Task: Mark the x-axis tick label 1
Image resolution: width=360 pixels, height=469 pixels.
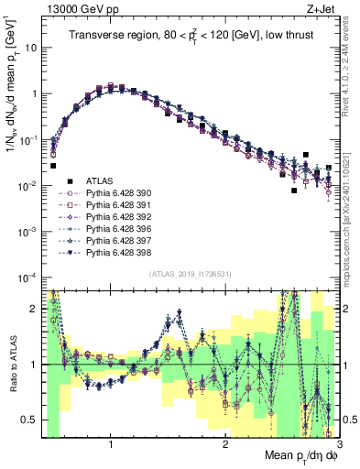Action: [x=111, y=442]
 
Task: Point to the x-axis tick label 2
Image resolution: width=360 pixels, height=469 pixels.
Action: [x=225, y=442]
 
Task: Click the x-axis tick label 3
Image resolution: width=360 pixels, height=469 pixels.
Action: [x=338, y=442]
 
